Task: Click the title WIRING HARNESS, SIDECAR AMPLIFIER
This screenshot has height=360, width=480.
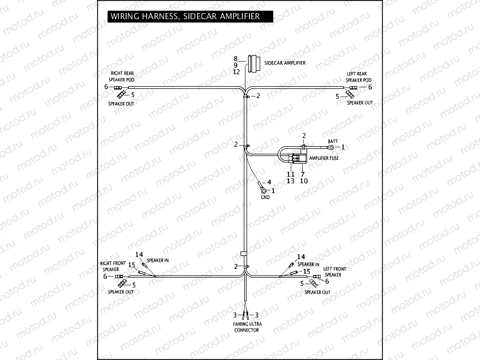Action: (x=185, y=16)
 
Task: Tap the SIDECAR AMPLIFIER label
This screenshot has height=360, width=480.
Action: (x=285, y=63)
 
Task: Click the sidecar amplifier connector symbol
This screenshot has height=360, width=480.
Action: (x=253, y=64)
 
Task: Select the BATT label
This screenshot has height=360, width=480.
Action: (x=332, y=141)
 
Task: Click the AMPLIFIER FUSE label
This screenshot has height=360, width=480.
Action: (x=325, y=158)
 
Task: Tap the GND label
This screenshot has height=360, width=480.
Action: (x=265, y=197)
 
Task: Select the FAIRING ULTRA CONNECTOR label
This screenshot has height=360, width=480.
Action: (x=248, y=327)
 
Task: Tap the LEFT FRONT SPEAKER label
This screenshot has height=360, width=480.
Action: (x=334, y=272)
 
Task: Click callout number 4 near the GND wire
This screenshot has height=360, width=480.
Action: (x=268, y=182)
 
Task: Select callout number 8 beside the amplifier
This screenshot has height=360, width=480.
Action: (x=236, y=58)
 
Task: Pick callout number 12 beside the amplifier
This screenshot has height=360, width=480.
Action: (x=236, y=71)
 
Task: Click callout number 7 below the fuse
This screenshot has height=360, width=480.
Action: (x=303, y=173)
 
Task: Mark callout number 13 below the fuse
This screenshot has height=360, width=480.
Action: (x=291, y=181)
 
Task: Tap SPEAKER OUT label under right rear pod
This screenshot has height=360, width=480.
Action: (x=121, y=104)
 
